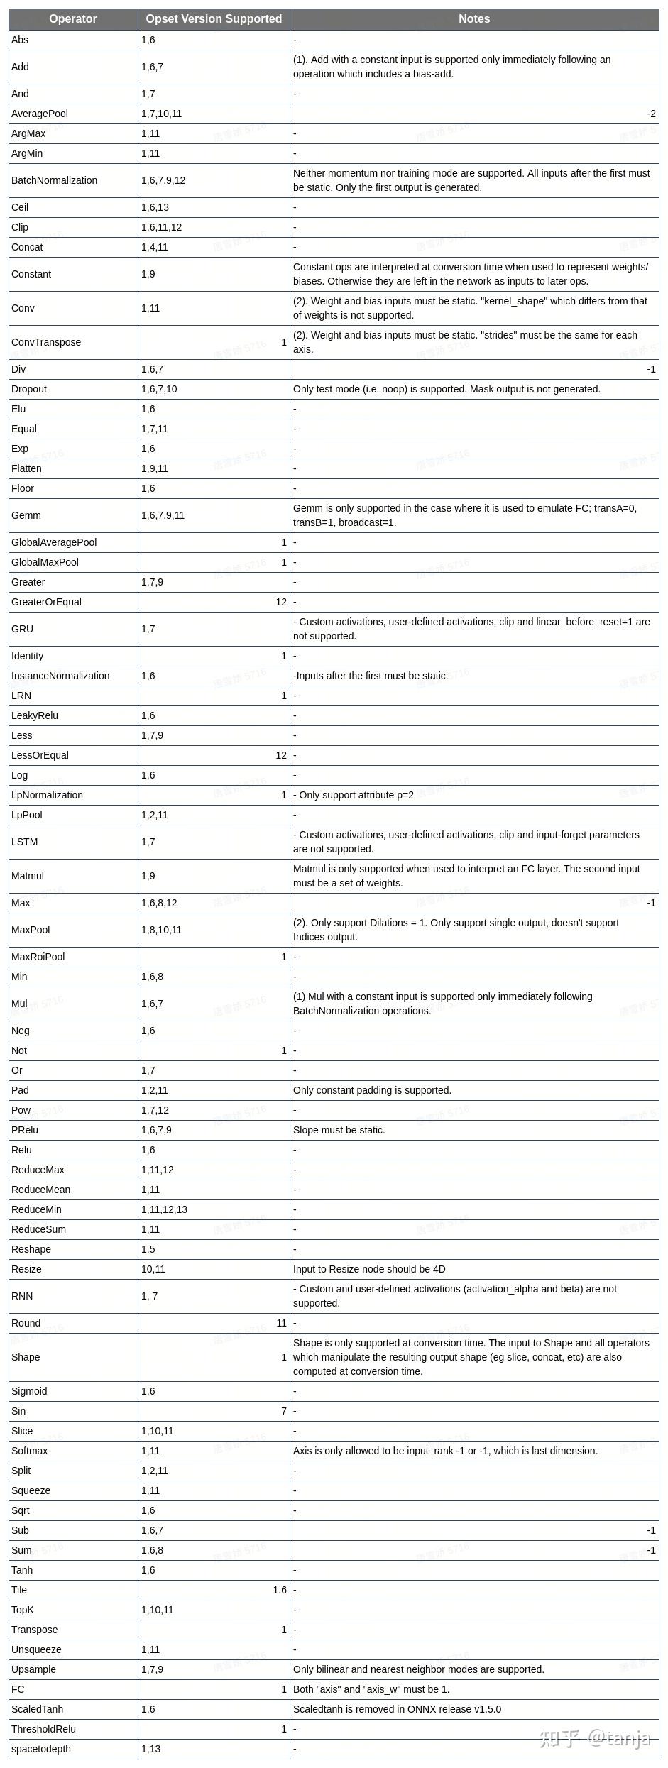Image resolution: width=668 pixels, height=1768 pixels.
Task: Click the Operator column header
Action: (x=73, y=19)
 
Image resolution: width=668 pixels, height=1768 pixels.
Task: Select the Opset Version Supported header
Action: (x=214, y=19)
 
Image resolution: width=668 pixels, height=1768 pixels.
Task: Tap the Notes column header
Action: (x=474, y=19)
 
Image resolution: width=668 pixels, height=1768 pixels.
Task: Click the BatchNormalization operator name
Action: (x=54, y=180)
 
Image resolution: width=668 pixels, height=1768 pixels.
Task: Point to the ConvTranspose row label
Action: (x=46, y=342)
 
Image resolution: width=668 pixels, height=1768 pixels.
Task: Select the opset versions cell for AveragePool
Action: (x=162, y=114)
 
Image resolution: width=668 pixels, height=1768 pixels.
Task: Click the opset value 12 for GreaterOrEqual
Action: (x=281, y=602)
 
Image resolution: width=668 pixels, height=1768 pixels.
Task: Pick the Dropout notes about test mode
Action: (x=447, y=389)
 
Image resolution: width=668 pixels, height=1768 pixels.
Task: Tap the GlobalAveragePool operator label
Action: (x=54, y=542)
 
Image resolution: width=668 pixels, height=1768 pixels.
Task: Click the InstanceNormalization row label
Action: (x=60, y=676)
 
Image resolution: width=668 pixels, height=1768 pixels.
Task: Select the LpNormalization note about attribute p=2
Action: (x=354, y=795)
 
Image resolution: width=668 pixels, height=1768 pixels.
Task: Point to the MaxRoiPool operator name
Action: (x=38, y=957)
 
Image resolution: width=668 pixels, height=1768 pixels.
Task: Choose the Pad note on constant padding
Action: (x=372, y=1090)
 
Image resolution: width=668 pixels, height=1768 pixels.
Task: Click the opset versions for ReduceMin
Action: (x=164, y=1209)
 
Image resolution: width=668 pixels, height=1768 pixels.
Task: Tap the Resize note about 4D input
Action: (x=369, y=1269)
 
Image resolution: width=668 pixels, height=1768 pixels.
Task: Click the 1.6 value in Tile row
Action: (x=280, y=1590)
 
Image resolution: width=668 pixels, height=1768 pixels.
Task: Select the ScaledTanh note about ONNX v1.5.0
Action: (x=397, y=1709)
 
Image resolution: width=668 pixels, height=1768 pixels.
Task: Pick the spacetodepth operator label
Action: (x=41, y=1749)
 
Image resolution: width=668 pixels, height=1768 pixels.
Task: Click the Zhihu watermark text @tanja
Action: (x=618, y=1738)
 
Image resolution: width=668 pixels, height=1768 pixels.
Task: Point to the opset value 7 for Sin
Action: (x=283, y=1411)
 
